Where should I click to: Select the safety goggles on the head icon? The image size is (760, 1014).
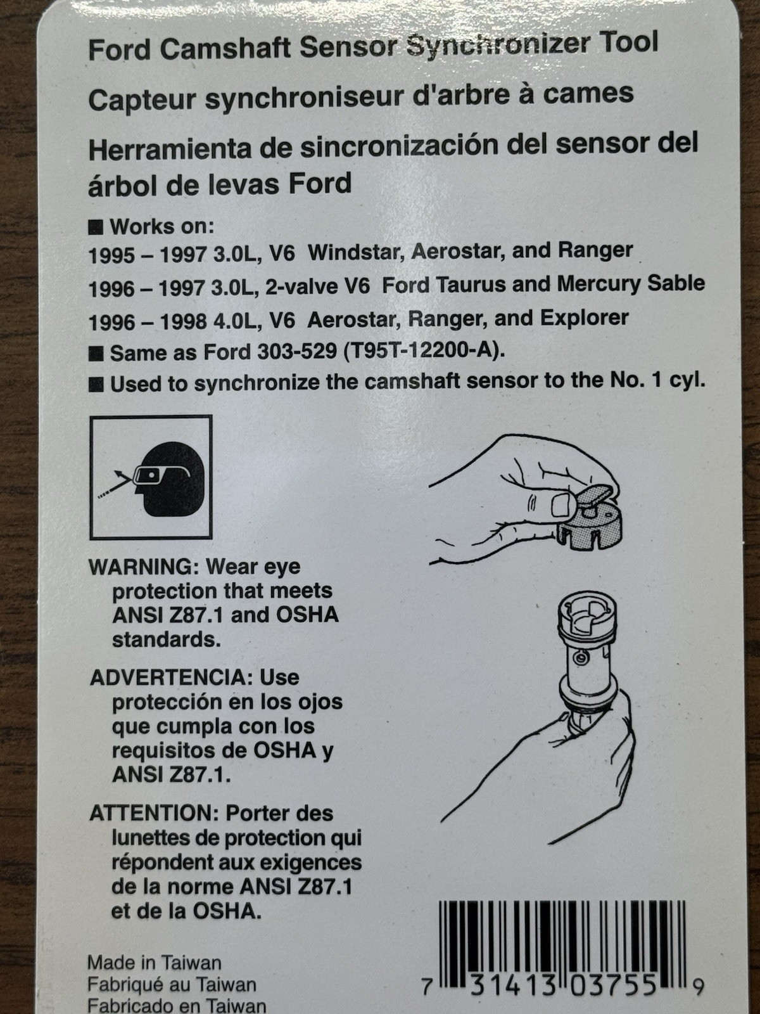pos(161,475)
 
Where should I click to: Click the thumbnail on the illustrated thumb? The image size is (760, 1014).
pos(561,504)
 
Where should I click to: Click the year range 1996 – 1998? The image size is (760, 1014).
pos(148,322)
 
